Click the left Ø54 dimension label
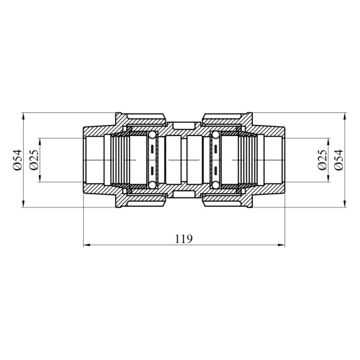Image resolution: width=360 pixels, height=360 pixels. pos(17,160)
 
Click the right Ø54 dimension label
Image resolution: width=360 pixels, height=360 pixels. pos(339,160)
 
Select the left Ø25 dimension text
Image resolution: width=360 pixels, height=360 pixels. pos(34,160)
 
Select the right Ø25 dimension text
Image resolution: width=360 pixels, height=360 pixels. pos(322,160)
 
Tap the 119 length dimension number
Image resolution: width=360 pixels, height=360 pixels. pos(184,239)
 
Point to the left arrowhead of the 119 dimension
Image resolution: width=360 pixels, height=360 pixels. pos(87,245)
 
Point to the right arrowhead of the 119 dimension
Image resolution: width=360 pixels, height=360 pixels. pos(281,245)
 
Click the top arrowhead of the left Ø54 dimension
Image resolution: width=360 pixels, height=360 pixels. pos(23,116)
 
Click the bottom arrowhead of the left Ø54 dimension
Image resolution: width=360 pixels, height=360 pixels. pos(23,204)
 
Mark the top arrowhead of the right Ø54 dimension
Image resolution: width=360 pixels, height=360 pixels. pos(345,116)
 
